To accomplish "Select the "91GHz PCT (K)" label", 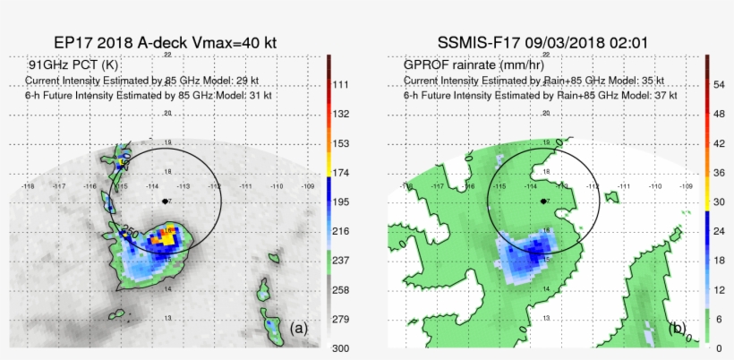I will [x=73, y=65].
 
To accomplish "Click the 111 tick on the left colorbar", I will [x=340, y=84].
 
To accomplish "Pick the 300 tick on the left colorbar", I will [x=340, y=347].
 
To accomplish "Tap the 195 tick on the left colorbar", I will [x=340, y=202].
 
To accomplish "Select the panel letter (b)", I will [x=677, y=328].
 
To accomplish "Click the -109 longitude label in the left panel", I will [x=309, y=186].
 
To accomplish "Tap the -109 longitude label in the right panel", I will [x=687, y=186].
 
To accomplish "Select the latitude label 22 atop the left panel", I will [x=167, y=55].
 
